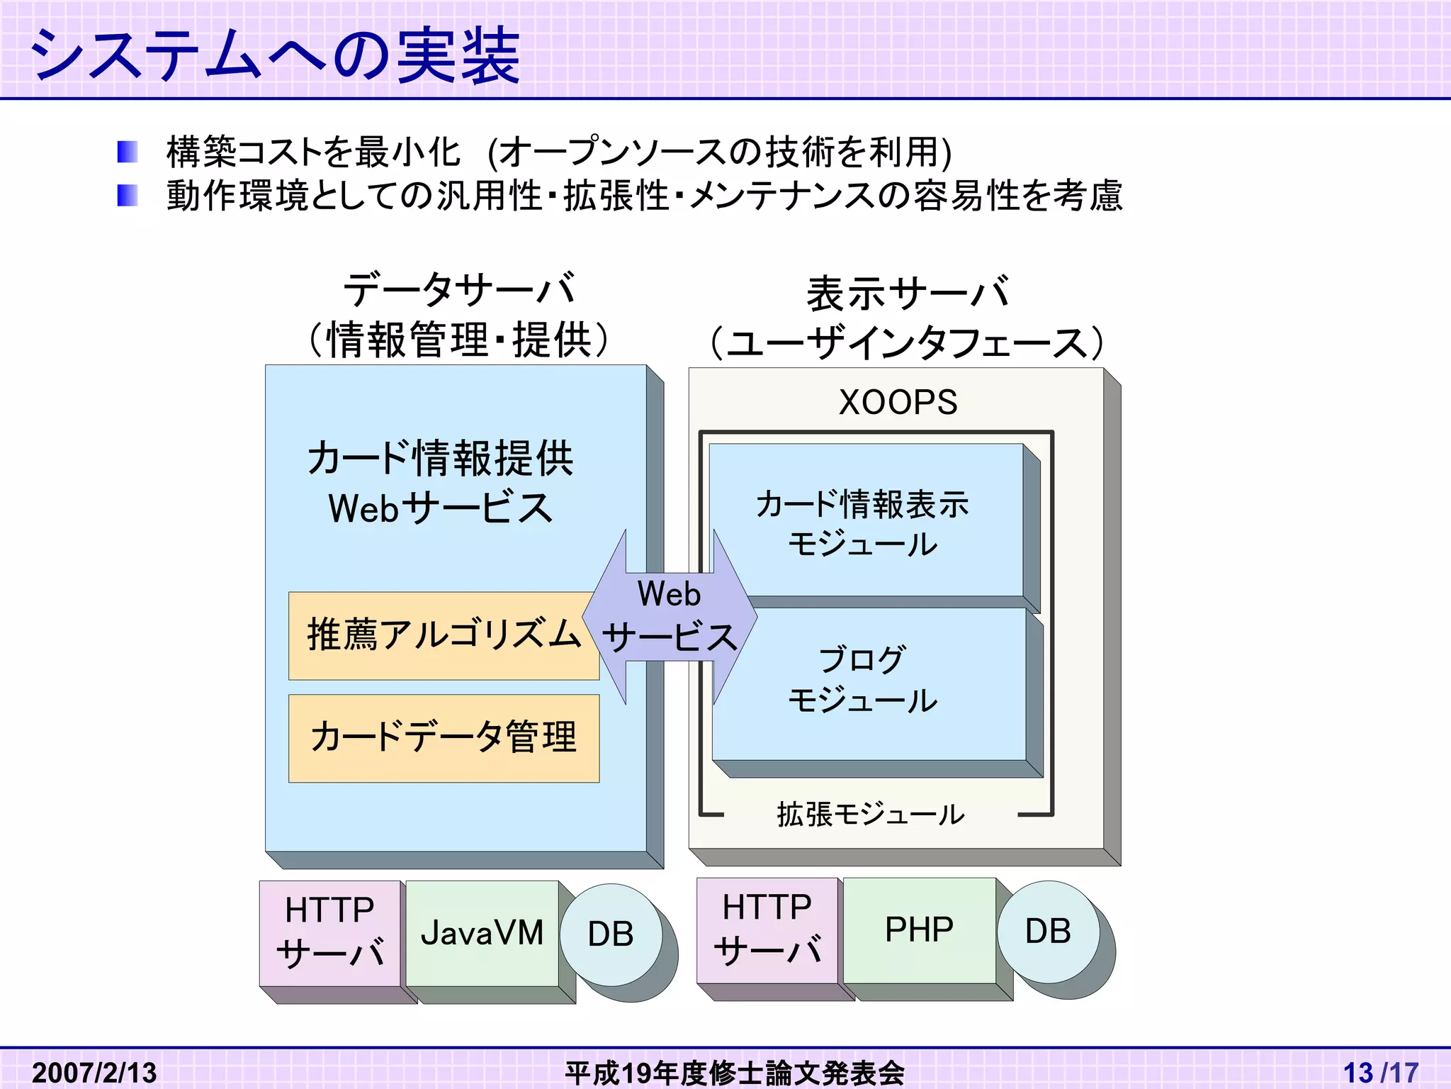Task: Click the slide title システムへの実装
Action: pyautogui.click(x=275, y=55)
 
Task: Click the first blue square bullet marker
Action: pyautogui.click(x=128, y=152)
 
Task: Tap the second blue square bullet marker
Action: pyautogui.click(x=128, y=195)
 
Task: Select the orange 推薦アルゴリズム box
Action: pyautogui.click(x=439, y=635)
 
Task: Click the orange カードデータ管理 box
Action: pyautogui.click(x=444, y=738)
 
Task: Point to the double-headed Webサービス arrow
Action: pyautogui.click(x=670, y=617)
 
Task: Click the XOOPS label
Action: pyautogui.click(x=898, y=402)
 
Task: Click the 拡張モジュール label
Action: pyautogui.click(x=871, y=814)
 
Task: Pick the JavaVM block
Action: pyautogui.click(x=482, y=933)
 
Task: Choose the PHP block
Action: pyautogui.click(x=919, y=929)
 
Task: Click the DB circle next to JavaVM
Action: pyautogui.click(x=611, y=934)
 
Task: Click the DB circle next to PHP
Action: pyautogui.click(x=1048, y=932)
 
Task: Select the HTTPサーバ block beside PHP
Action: pyautogui.click(x=767, y=929)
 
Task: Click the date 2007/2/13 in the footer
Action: pyautogui.click(x=94, y=1071)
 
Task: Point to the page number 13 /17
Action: pyautogui.click(x=1380, y=1071)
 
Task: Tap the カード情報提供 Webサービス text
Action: pyautogui.click(x=440, y=483)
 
